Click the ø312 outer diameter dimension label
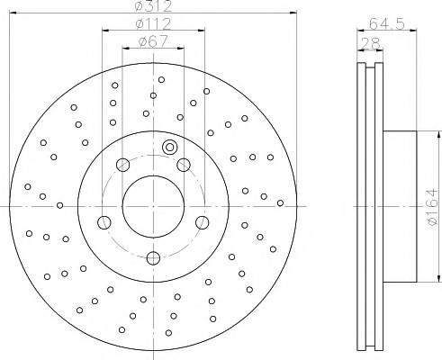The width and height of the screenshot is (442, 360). point(153,6)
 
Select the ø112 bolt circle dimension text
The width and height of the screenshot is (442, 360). point(153,23)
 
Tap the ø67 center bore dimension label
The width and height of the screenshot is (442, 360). point(153,41)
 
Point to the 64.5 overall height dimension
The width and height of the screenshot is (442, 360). point(387,23)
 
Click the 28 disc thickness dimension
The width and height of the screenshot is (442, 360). point(370,44)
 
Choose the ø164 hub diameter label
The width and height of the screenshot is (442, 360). point(432,207)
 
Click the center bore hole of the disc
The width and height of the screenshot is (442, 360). point(153,207)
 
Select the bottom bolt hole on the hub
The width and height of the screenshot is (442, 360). point(153,258)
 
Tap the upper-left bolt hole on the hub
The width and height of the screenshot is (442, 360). point(122,165)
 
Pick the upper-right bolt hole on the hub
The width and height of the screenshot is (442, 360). point(184,165)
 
